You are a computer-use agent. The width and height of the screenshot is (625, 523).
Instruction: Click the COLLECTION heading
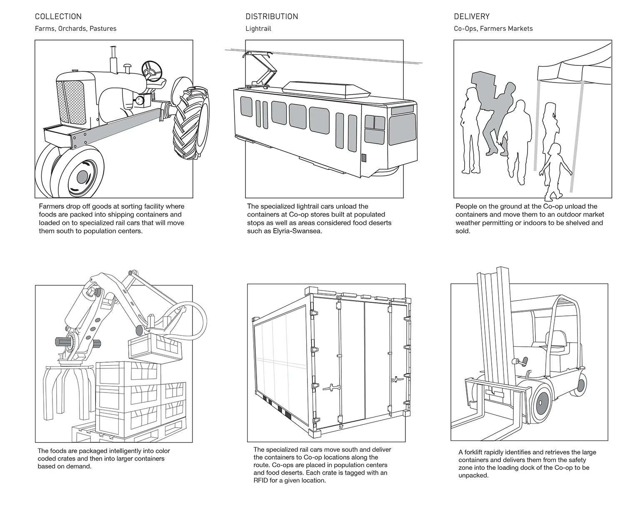(x=58, y=17)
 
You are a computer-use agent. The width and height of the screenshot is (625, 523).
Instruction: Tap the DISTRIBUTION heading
(x=272, y=17)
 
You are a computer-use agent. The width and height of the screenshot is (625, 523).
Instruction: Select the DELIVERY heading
(x=472, y=17)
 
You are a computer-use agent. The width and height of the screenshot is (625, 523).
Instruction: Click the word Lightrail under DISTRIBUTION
(x=258, y=29)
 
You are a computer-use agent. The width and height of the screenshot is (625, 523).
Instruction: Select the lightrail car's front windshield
(x=402, y=129)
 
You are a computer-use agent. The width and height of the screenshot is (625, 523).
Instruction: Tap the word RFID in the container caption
(x=261, y=480)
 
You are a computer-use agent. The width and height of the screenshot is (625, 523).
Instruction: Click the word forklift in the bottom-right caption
(x=474, y=452)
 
